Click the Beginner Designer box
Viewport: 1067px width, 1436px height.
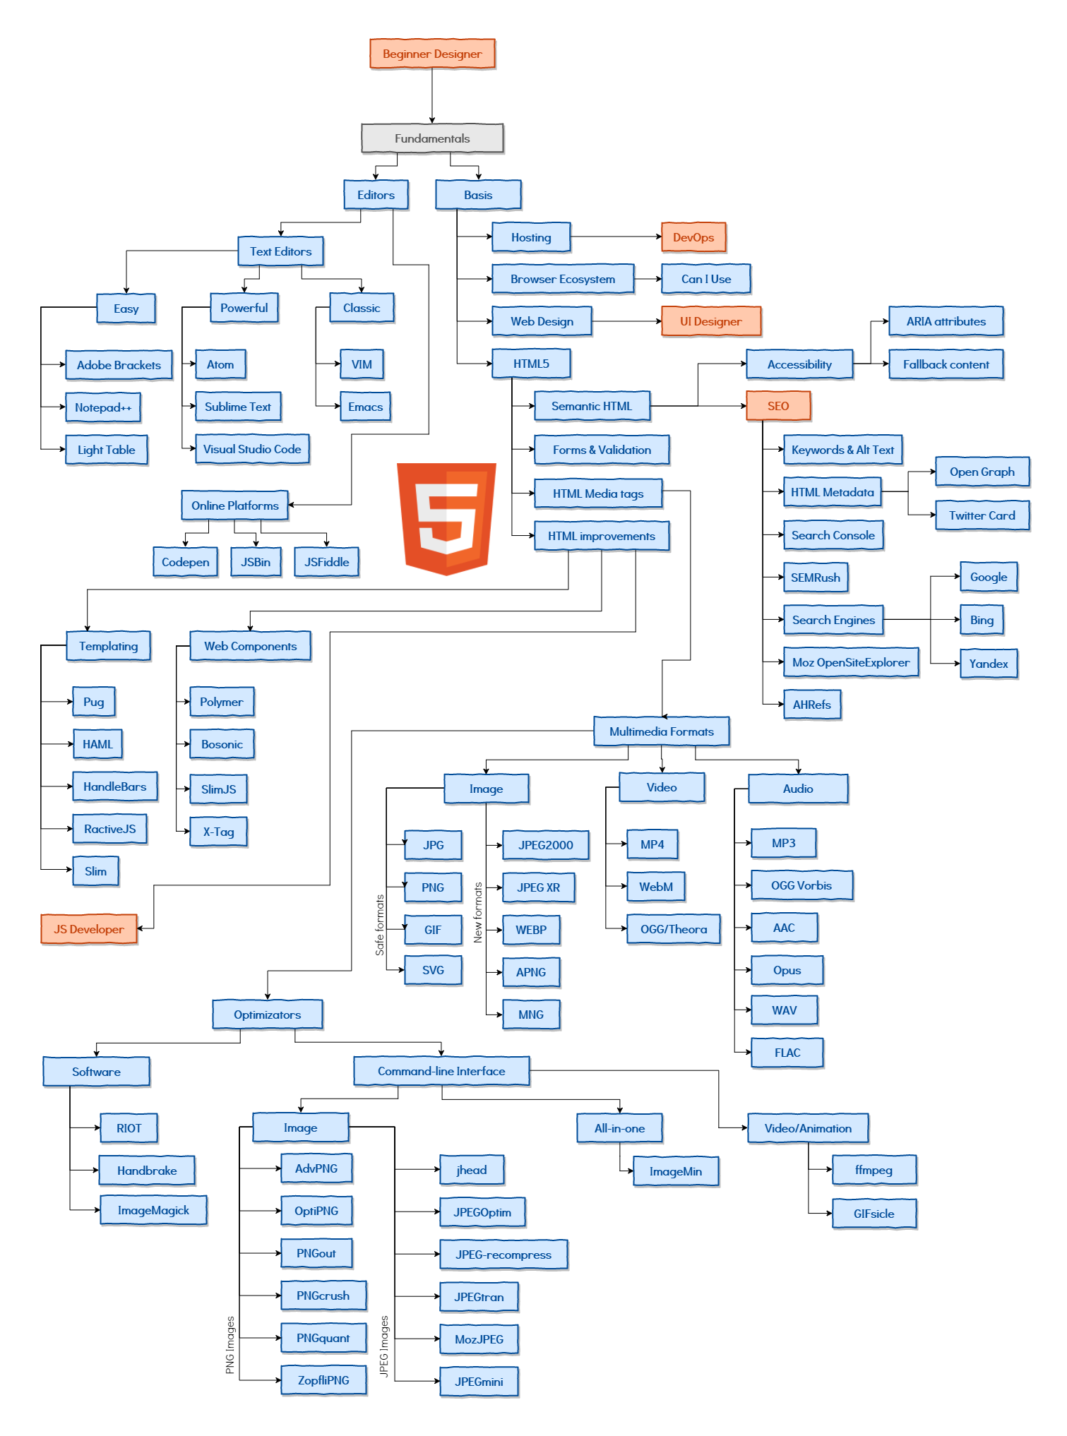tap(432, 54)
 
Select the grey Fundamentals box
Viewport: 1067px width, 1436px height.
tap(432, 138)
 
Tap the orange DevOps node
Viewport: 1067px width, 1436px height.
tap(693, 237)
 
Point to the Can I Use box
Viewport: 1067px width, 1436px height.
tap(705, 279)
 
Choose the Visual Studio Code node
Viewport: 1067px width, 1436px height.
tap(252, 449)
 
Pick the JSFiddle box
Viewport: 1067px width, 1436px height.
tap(326, 562)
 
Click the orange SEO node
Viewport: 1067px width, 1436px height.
tap(778, 406)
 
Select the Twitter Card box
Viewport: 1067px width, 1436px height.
tap(982, 515)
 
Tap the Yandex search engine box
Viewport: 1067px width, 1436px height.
tap(989, 664)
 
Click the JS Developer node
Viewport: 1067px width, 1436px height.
tap(89, 929)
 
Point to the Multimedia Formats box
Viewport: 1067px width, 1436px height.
tap(661, 731)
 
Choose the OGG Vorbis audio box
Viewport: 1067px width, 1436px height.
tap(801, 885)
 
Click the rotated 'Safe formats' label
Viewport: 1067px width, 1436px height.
tap(380, 925)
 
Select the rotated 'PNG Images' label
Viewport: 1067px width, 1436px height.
tap(230, 1345)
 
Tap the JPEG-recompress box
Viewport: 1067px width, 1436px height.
tap(503, 1255)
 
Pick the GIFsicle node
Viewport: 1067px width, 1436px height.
tap(874, 1214)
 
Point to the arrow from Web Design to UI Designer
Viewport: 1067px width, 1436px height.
tap(627, 321)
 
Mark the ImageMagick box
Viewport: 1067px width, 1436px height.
tap(153, 1210)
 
